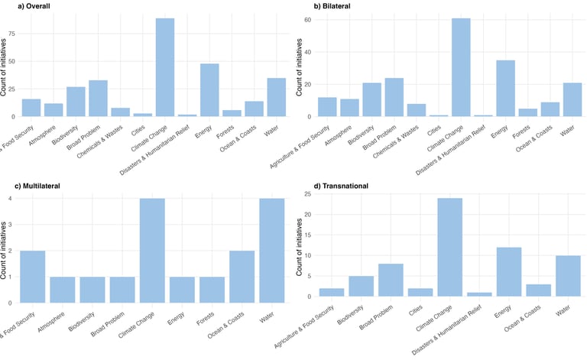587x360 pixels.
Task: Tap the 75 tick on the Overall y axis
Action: point(10,34)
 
